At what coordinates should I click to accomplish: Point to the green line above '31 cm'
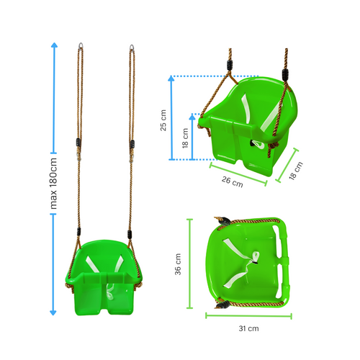(x=248, y=315)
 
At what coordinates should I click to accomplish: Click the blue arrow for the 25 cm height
(x=171, y=119)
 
